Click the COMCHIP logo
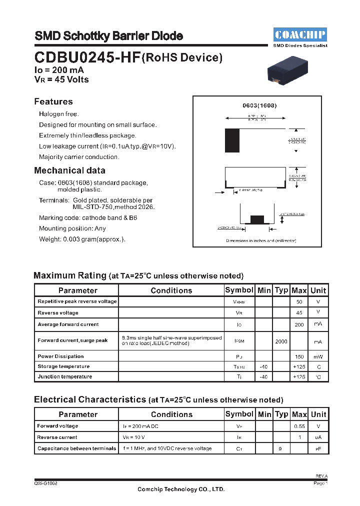pyautogui.click(x=300, y=35)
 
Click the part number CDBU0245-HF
pyautogui.click(x=87, y=57)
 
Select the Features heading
pyautogui.click(x=53, y=101)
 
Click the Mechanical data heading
pyautogui.click(x=69, y=170)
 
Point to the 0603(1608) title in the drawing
pyautogui.click(x=259, y=106)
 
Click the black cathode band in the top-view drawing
pyautogui.click(x=232, y=140)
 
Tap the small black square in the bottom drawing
pyautogui.click(x=256, y=219)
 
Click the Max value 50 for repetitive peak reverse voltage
pyautogui.click(x=299, y=302)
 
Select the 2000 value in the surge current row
pyautogui.click(x=281, y=341)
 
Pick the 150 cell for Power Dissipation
pyautogui.click(x=299, y=356)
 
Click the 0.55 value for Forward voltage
pyautogui.click(x=299, y=426)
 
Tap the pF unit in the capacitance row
pyautogui.click(x=318, y=448)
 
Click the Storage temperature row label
pyautogui.click(x=64, y=366)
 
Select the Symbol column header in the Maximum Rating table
pyautogui.click(x=239, y=290)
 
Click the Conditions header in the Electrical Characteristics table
pyautogui.click(x=171, y=414)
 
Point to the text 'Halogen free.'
pyautogui.click(x=59, y=114)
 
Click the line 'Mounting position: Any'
pyautogui.click(x=72, y=228)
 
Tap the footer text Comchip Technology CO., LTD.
pyautogui.click(x=181, y=489)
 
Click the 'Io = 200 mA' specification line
pyautogui.click(x=59, y=70)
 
